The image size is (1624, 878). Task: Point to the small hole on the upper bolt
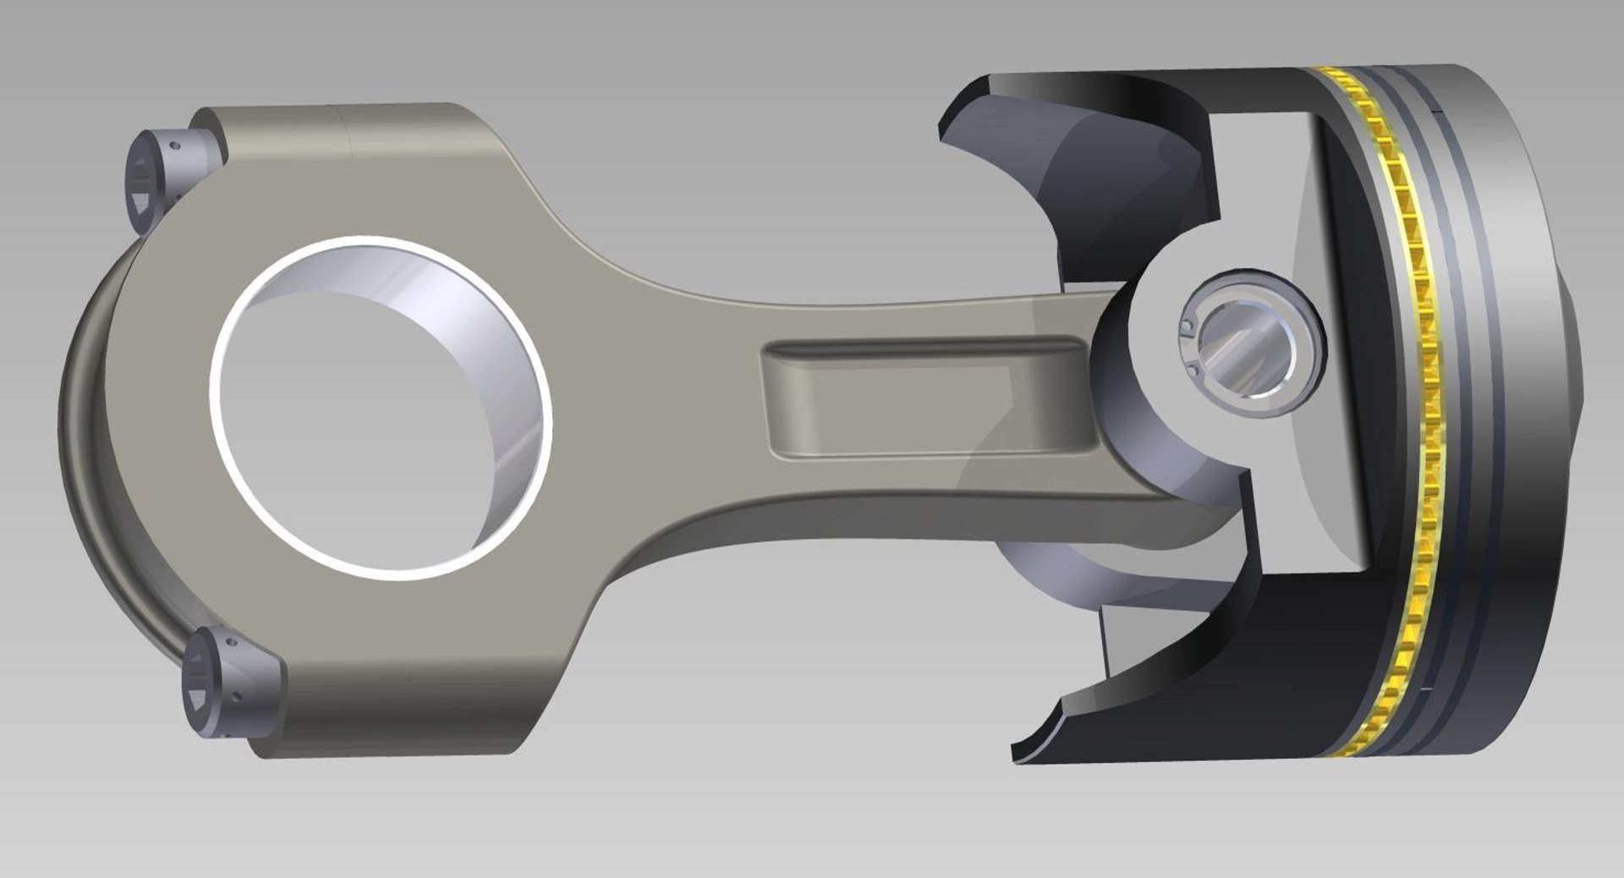click(x=175, y=145)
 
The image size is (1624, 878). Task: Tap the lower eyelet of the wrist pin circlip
click(x=1192, y=369)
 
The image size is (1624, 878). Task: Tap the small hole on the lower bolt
click(x=238, y=699)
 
